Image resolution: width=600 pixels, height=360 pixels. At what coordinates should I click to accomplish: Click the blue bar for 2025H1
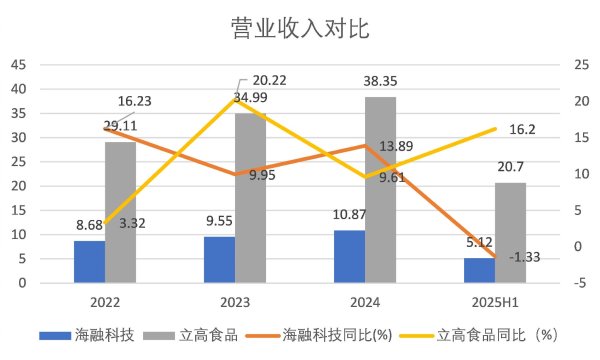click(479, 270)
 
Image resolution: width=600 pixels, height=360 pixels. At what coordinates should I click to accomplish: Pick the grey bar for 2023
click(250, 198)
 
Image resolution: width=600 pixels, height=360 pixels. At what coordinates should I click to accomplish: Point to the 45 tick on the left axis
click(18, 65)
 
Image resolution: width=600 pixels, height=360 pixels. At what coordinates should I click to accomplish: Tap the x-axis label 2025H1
click(495, 299)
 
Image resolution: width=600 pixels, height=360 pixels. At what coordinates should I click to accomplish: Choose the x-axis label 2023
click(235, 299)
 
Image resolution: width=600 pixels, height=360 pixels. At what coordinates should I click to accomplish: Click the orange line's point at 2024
click(365, 145)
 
